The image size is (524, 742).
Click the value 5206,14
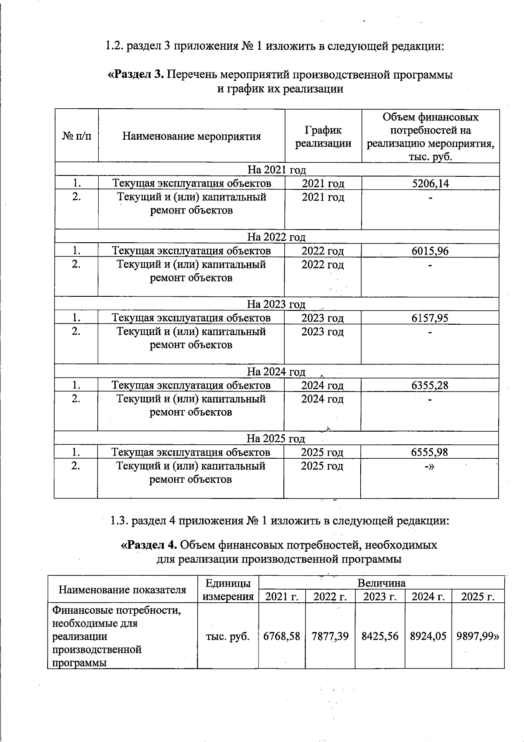click(430, 183)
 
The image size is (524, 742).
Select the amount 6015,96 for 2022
click(430, 251)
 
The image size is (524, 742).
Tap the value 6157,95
click(430, 318)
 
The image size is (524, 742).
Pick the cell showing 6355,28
click(430, 385)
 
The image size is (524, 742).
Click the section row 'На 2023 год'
click(276, 304)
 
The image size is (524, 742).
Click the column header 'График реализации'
click(323, 137)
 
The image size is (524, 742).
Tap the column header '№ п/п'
click(77, 136)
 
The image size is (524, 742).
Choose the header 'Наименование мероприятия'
click(191, 136)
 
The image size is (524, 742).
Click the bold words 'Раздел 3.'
click(135, 75)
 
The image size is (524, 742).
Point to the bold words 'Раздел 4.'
click(148, 545)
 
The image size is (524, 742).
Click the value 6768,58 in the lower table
click(282, 636)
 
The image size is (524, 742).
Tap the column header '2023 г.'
click(380, 597)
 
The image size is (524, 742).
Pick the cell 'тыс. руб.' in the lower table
click(228, 636)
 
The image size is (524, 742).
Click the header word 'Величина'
click(381, 583)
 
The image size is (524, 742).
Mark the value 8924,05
click(428, 636)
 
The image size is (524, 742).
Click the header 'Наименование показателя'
click(122, 590)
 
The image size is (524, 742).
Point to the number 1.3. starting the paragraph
click(118, 521)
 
